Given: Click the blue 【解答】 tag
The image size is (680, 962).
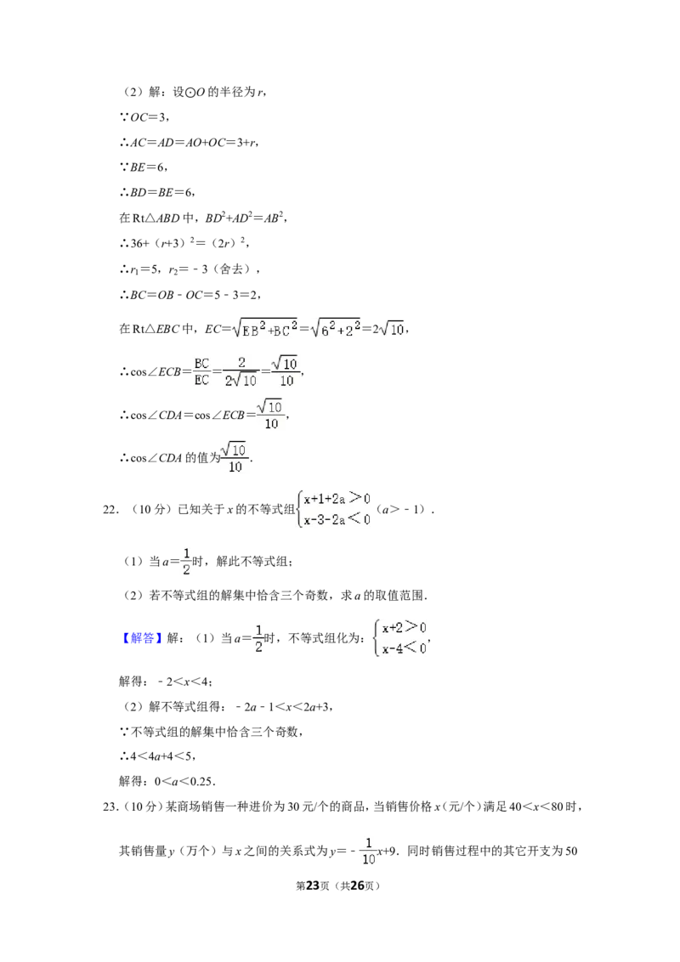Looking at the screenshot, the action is [142, 638].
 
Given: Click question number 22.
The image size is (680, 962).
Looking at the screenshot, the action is [110, 509].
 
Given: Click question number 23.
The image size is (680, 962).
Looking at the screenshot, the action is [110, 806].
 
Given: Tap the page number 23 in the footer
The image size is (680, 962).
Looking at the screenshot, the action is [313, 886].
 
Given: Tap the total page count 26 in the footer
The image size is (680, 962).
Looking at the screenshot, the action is [357, 886].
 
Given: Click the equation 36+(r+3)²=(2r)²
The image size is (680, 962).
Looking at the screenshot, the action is [184, 243].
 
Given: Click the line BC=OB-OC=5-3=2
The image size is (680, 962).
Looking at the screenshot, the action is [191, 295].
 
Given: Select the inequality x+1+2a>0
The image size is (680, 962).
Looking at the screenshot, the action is [337, 499].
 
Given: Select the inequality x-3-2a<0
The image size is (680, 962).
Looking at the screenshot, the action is [337, 519].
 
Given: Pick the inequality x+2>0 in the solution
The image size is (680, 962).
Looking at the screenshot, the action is [404, 628].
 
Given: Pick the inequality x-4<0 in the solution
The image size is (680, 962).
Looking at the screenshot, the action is [404, 648].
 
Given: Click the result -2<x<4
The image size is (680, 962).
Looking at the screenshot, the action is [184, 681].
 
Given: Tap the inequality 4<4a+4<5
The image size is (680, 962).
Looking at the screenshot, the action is [162, 756].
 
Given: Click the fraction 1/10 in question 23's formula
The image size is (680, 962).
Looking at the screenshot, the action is [368, 851].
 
